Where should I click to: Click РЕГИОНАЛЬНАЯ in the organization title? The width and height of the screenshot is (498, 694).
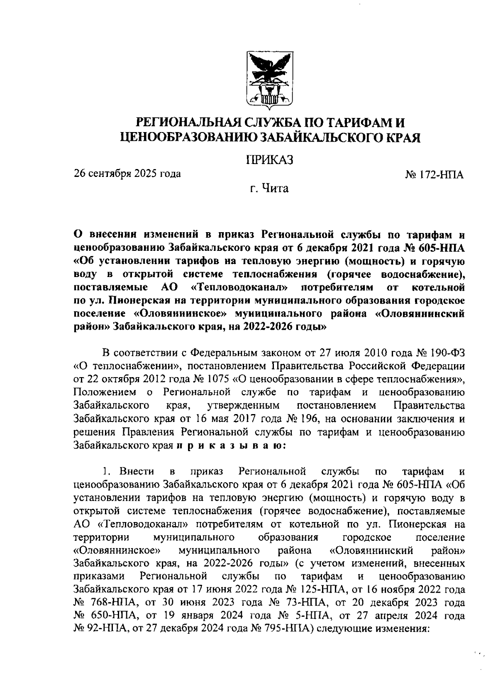pyautogui.click(x=184, y=123)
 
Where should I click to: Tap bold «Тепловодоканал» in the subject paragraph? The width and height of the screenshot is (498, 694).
pyautogui.click(x=239, y=287)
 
